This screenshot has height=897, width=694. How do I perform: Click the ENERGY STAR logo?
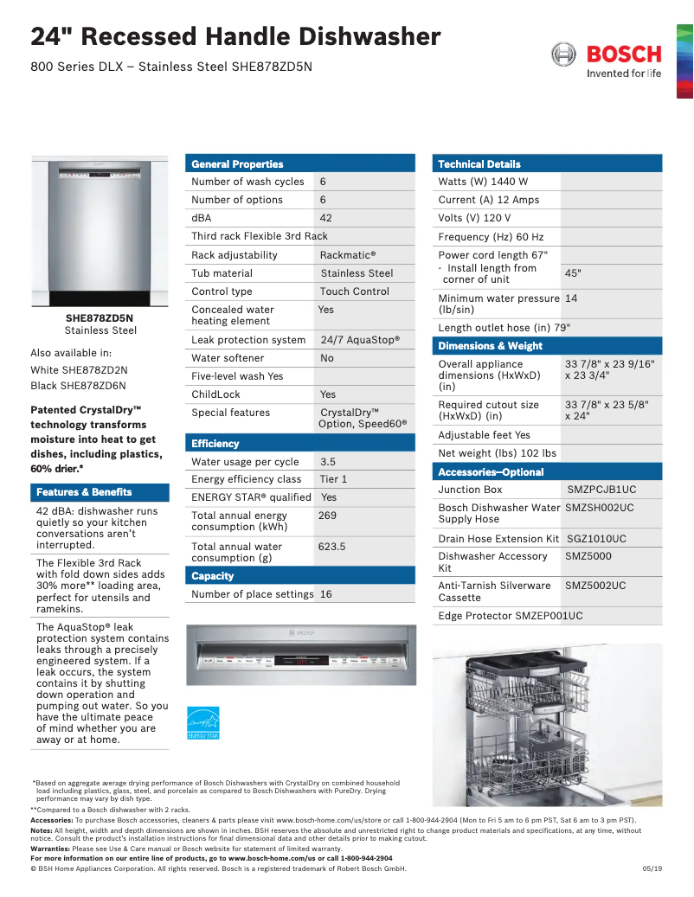203,722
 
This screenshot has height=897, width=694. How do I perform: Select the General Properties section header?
237,163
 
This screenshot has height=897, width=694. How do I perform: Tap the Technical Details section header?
479,163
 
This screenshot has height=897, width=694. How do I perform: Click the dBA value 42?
326,218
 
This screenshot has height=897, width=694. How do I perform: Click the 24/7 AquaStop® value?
360,340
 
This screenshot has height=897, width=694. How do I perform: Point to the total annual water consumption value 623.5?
331,547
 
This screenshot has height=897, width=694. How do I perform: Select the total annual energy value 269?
327,516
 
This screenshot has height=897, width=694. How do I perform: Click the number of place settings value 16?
326,594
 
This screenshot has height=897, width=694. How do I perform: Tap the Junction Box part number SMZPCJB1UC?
601,490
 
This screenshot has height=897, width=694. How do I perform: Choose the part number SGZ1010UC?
596,539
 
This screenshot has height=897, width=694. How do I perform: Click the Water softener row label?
228,358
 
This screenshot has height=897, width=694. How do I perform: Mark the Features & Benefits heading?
84,492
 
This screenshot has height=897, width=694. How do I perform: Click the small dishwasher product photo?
100,232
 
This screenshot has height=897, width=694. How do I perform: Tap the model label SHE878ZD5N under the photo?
100,317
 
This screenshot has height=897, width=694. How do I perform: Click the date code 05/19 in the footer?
652,868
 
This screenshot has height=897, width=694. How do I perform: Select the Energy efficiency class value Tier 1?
333,479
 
